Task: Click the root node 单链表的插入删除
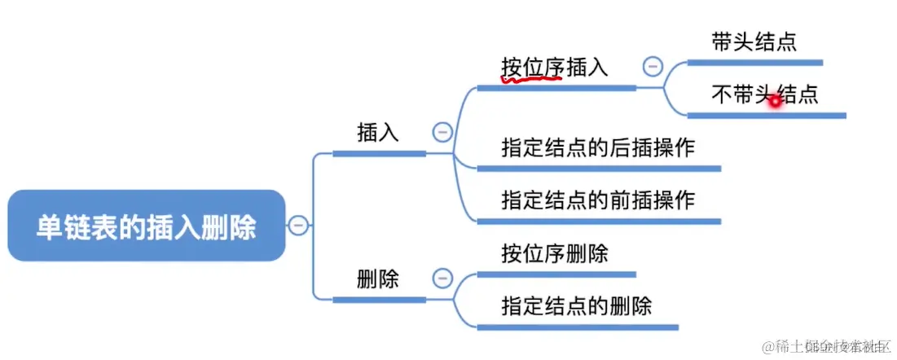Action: (x=147, y=226)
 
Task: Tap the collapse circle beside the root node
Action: (x=299, y=226)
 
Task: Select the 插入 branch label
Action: (x=378, y=132)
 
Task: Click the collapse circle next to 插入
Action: (x=442, y=131)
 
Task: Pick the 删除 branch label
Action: (x=378, y=279)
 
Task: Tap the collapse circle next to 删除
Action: (x=442, y=279)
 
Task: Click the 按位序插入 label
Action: (x=555, y=68)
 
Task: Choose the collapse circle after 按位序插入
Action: (x=653, y=66)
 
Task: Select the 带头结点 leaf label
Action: (x=754, y=43)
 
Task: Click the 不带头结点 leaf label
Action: (x=764, y=95)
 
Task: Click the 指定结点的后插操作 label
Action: (x=597, y=149)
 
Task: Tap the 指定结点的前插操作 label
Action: (x=597, y=200)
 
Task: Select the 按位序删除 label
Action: (x=555, y=254)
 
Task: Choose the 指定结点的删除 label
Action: (x=576, y=306)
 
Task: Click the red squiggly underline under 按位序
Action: (x=532, y=79)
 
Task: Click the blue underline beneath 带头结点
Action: (x=754, y=62)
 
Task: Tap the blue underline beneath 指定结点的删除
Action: (x=578, y=327)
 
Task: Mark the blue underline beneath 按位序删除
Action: (x=556, y=274)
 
